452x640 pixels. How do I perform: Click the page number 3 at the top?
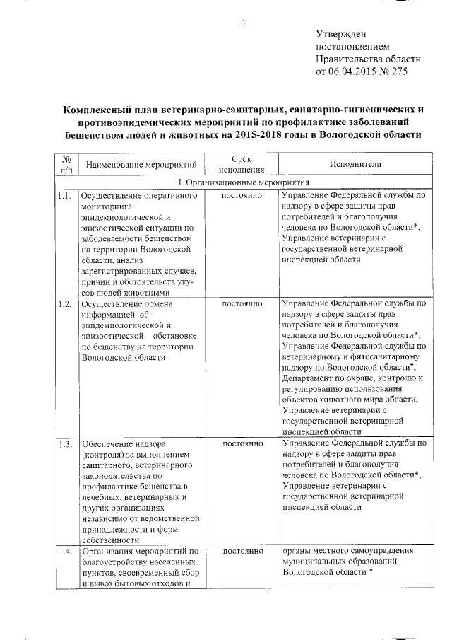pyautogui.click(x=242, y=23)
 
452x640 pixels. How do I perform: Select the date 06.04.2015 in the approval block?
pyautogui.click(x=354, y=72)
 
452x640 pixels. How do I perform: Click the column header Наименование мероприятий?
pyautogui.click(x=141, y=165)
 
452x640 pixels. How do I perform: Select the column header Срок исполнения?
pyautogui.click(x=242, y=165)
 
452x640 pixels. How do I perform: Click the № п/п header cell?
pyautogui.click(x=66, y=165)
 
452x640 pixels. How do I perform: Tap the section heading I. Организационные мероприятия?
pyautogui.click(x=242, y=182)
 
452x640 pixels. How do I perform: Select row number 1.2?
pyautogui.click(x=66, y=303)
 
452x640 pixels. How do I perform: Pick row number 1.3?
pyautogui.click(x=66, y=445)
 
